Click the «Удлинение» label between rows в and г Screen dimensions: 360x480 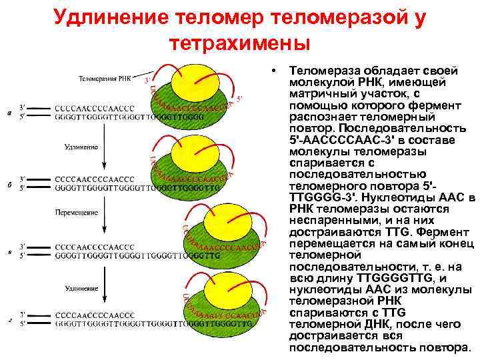click(x=81, y=287)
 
